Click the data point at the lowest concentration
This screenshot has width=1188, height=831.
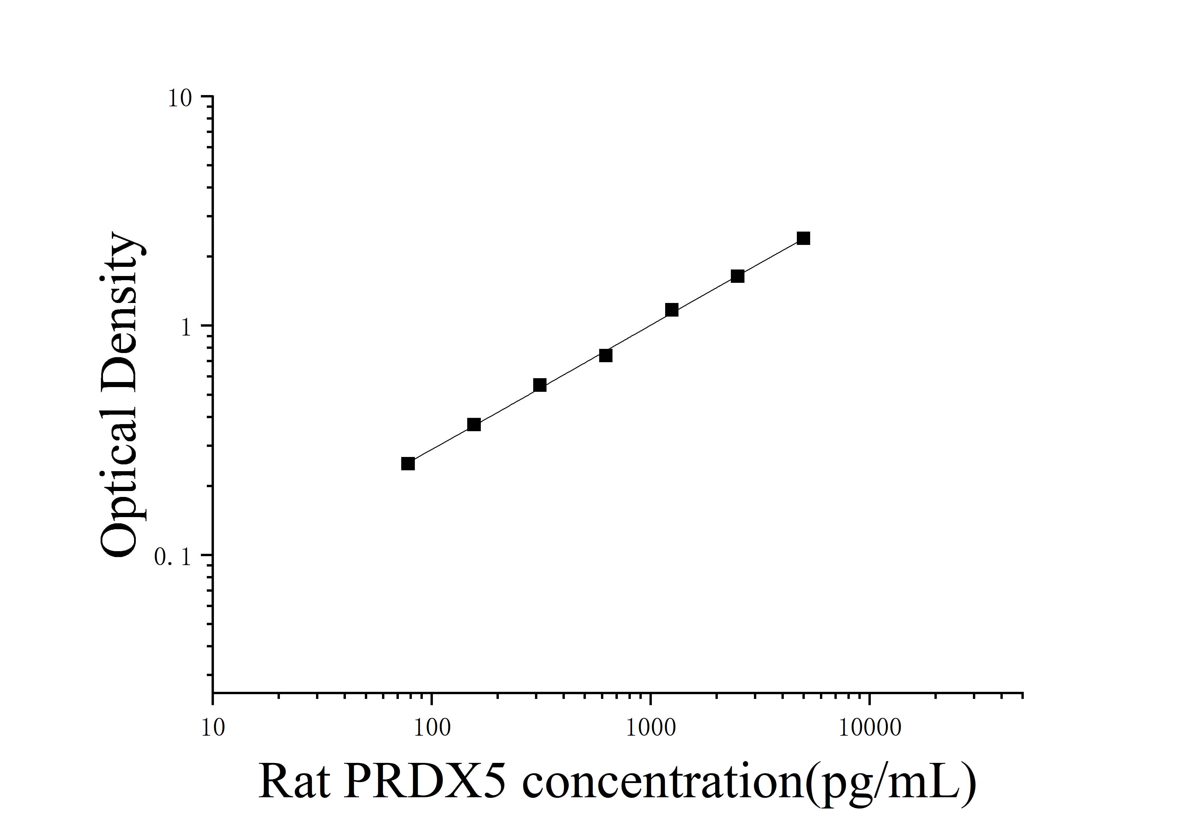(408, 463)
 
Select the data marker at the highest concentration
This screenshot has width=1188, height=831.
(803, 238)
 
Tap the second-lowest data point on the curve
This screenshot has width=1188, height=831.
(473, 425)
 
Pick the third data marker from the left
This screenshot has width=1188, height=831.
(540, 385)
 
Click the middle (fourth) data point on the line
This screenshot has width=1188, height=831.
(605, 355)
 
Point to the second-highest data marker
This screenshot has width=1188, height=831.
(737, 276)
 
